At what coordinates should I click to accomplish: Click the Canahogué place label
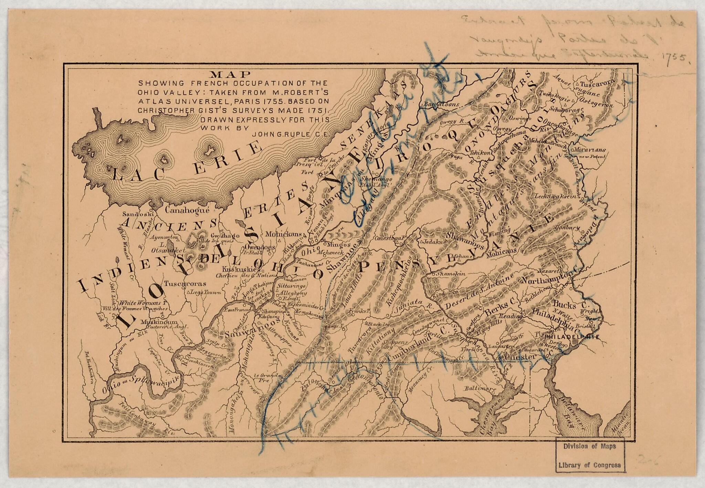[x=187, y=209]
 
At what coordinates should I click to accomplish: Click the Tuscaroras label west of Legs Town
[x=185, y=284]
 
